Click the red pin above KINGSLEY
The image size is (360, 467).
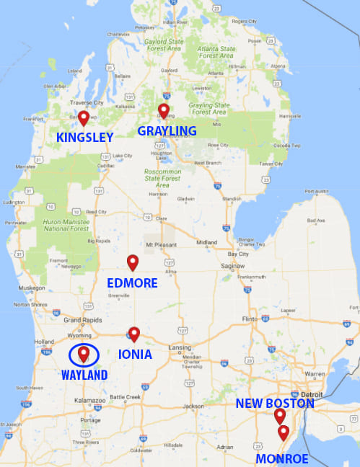84,117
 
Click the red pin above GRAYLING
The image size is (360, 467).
164,110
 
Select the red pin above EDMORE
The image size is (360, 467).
132,262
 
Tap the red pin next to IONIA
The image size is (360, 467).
133,333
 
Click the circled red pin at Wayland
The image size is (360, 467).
84,353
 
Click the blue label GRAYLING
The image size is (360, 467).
167,130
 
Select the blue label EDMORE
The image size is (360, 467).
131,283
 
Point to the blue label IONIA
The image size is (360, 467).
135,355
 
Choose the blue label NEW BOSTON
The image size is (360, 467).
275,404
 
